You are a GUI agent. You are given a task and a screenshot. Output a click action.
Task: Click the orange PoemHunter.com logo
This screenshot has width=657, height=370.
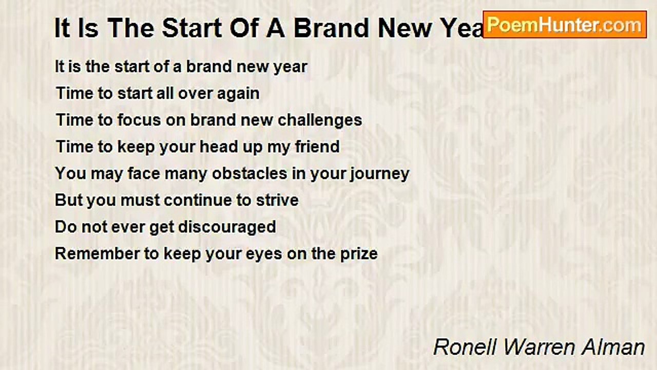pos(565,25)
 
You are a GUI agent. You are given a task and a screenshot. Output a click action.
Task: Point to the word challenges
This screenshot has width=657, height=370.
pos(320,120)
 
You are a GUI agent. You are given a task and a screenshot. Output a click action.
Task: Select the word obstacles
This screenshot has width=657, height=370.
pos(249,173)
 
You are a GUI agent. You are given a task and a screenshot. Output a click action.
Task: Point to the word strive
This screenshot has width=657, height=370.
pos(277,200)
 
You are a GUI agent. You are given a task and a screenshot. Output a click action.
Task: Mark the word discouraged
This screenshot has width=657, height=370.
pos(227,228)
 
